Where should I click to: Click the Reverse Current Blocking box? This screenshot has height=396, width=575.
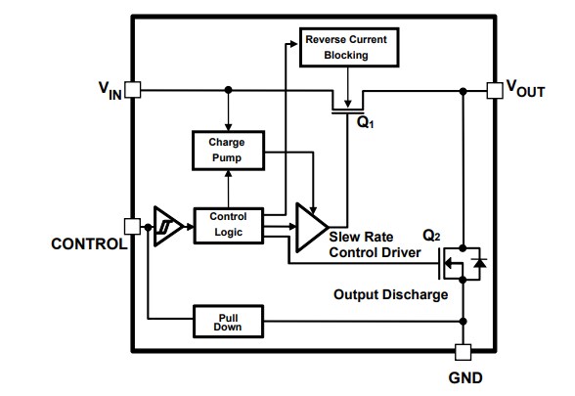tap(347, 46)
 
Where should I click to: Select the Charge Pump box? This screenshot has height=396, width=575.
tap(226, 149)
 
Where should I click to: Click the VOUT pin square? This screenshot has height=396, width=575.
tap(494, 89)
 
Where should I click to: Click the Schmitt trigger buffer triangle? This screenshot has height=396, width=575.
tap(167, 225)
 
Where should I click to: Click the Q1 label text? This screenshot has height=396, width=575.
tap(365, 125)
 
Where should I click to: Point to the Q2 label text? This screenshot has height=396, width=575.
tap(432, 236)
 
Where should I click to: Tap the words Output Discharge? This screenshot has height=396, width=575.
tap(390, 294)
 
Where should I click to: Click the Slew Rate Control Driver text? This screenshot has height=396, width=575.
tap(375, 245)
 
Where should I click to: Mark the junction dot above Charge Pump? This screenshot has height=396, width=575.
tap(227, 89)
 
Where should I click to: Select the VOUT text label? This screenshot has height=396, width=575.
tap(525, 90)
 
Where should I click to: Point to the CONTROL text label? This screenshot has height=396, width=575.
tap(87, 244)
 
